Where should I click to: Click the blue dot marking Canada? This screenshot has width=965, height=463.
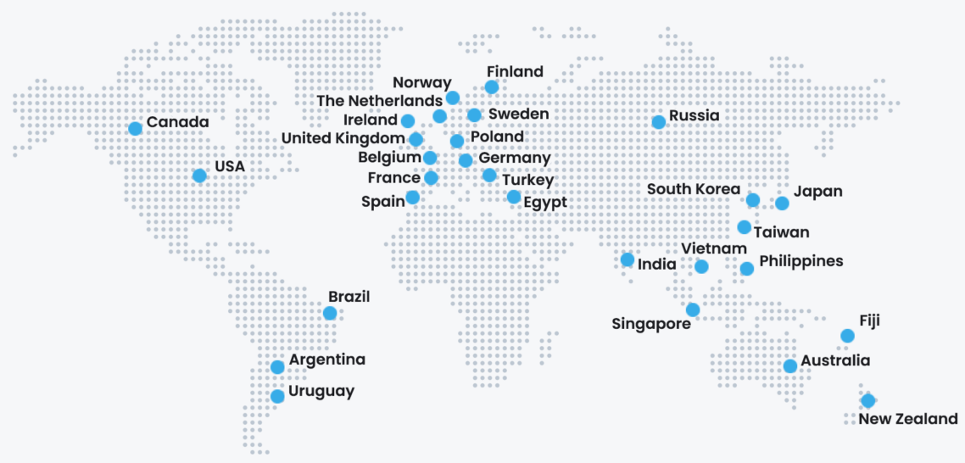(x=135, y=128)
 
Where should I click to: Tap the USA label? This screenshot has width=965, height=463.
(x=229, y=166)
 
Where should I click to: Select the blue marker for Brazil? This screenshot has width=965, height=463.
(x=330, y=313)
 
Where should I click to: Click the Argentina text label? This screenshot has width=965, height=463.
(x=327, y=360)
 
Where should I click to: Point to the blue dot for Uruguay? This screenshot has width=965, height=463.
(x=277, y=396)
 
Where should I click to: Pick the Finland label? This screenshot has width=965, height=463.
(x=515, y=71)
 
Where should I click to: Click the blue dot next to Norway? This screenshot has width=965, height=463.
(x=453, y=98)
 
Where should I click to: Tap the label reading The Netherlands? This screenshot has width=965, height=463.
(x=379, y=101)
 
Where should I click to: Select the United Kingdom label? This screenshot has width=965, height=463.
(x=343, y=138)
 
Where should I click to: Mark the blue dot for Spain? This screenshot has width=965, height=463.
(x=412, y=197)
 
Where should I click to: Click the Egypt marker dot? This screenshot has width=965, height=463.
(x=514, y=197)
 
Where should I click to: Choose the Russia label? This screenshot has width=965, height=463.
(x=694, y=115)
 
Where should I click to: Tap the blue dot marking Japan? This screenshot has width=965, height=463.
(x=782, y=203)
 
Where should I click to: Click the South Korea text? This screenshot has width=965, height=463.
(x=694, y=189)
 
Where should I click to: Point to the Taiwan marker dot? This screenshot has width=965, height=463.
(x=744, y=226)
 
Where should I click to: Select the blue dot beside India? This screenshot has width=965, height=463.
(x=628, y=259)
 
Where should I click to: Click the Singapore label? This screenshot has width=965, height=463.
(x=651, y=324)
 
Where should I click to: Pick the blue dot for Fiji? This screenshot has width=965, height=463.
(x=847, y=336)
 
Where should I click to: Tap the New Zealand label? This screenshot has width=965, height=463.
(x=908, y=419)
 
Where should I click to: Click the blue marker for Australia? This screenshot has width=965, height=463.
(x=790, y=365)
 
